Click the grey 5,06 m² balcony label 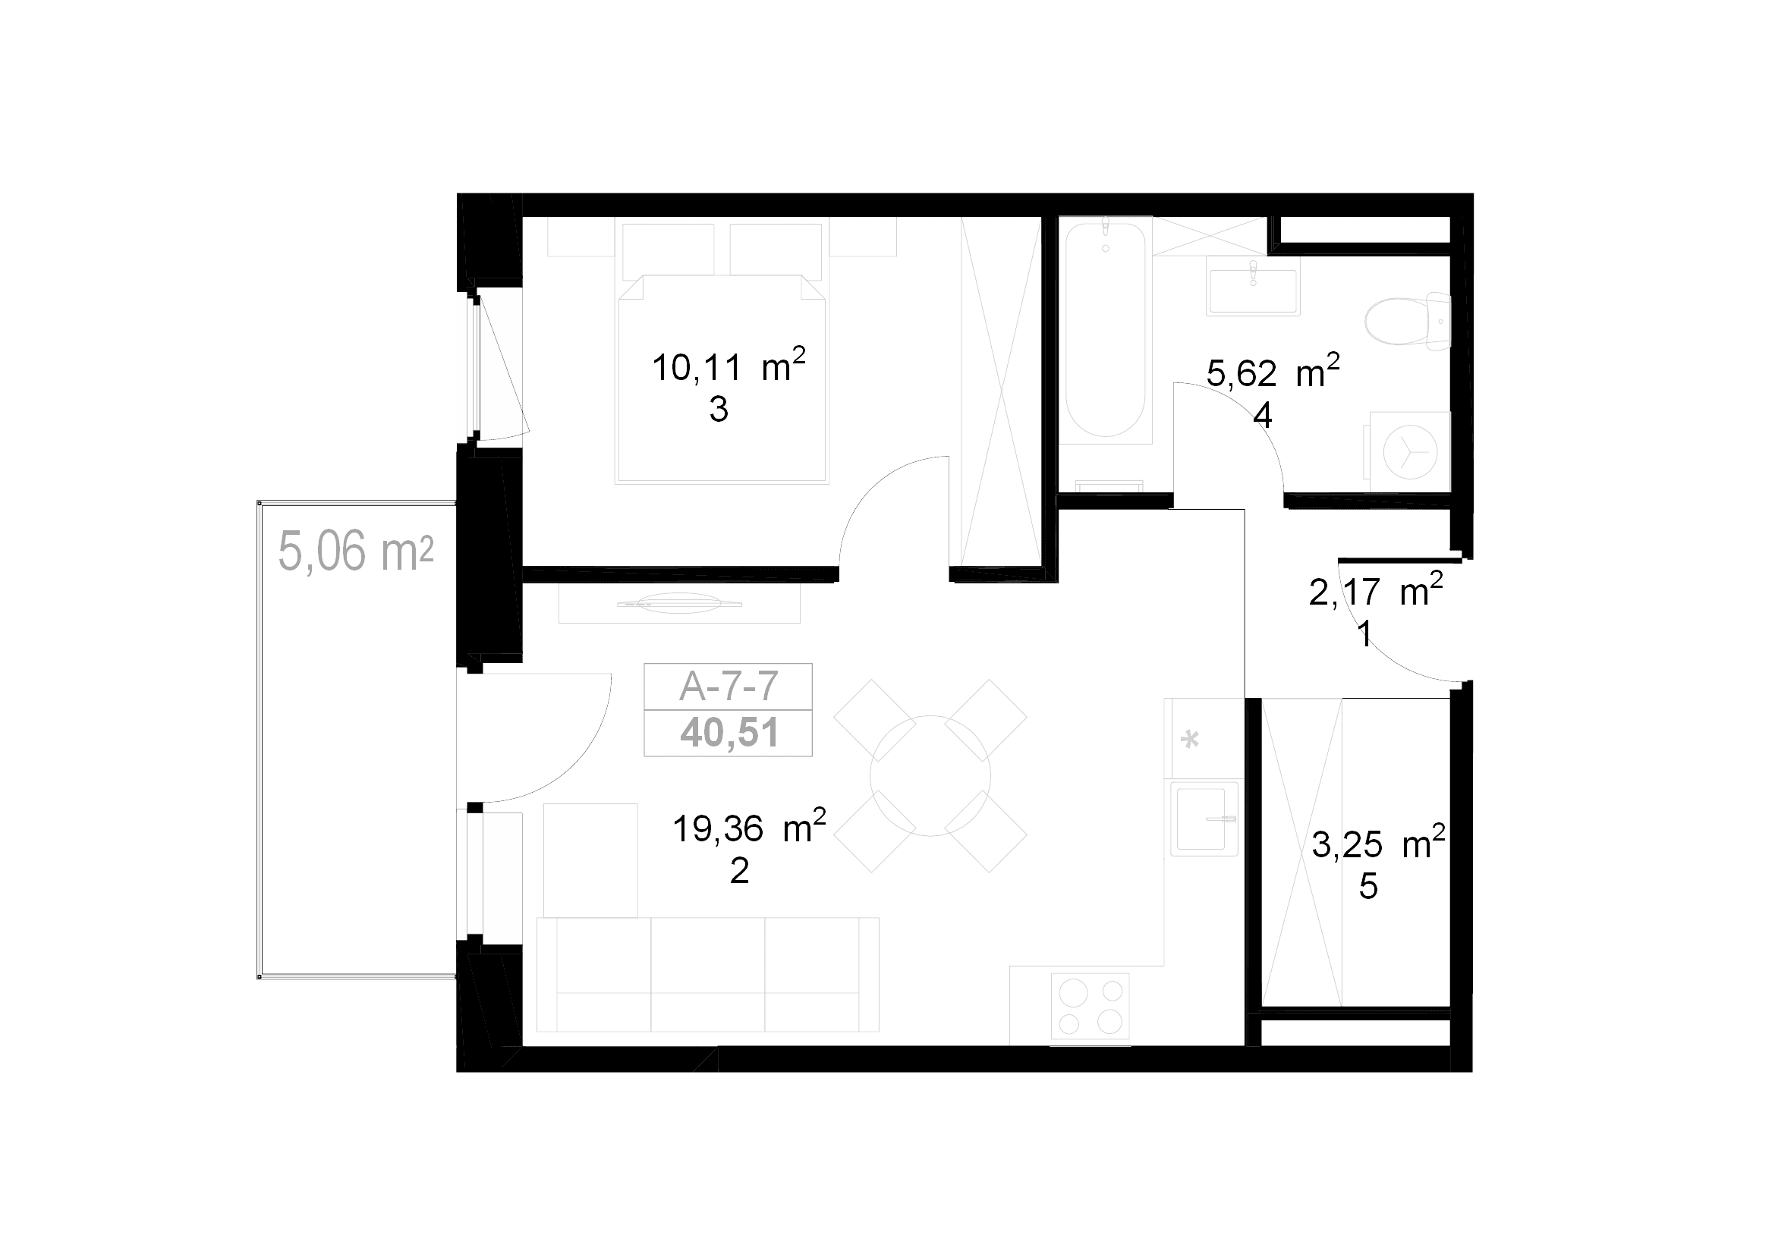point(356,550)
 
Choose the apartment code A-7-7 point(729,686)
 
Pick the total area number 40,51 point(729,733)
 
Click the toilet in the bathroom point(1408,321)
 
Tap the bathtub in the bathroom point(1105,330)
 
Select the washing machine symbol point(1410,452)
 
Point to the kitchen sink point(1204,819)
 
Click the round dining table point(930,776)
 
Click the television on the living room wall point(678,603)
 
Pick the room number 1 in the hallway point(1365,634)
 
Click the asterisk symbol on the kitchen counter point(1190,740)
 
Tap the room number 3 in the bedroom point(719,410)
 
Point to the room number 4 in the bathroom point(1263,416)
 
